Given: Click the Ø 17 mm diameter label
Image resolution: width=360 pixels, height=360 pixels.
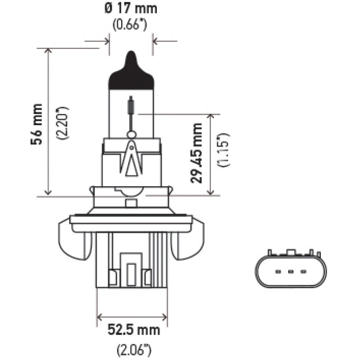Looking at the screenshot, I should (131, 9).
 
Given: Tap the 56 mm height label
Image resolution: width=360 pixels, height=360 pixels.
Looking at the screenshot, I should (37, 124).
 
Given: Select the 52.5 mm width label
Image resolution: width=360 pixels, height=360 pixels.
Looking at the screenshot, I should (132, 331).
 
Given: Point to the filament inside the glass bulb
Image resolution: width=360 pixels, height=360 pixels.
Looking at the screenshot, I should (131, 106).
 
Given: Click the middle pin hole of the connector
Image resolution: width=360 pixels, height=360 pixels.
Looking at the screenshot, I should (290, 271).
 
